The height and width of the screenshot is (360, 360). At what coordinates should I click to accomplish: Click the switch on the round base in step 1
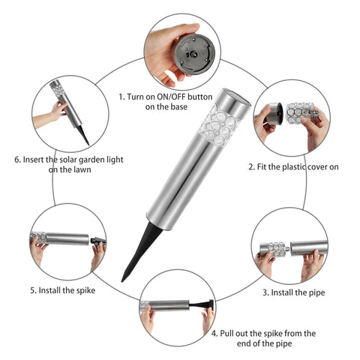click(x=193, y=54)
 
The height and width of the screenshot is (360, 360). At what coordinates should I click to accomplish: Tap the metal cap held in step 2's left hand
click(x=274, y=114)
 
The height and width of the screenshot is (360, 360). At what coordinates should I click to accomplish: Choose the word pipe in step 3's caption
click(x=316, y=292)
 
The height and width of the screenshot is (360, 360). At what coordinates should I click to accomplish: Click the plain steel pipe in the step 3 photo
click(x=309, y=247)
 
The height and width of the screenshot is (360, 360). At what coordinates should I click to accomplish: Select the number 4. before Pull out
click(x=214, y=333)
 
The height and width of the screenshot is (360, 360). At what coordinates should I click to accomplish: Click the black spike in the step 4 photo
click(x=201, y=305)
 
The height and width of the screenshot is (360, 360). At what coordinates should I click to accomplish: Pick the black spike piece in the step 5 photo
click(x=98, y=241)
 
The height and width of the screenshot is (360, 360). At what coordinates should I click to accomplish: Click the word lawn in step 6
click(x=82, y=169)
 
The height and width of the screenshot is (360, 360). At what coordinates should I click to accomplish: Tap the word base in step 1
click(x=178, y=107)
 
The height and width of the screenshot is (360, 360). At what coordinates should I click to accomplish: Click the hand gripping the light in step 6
click(x=58, y=111)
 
